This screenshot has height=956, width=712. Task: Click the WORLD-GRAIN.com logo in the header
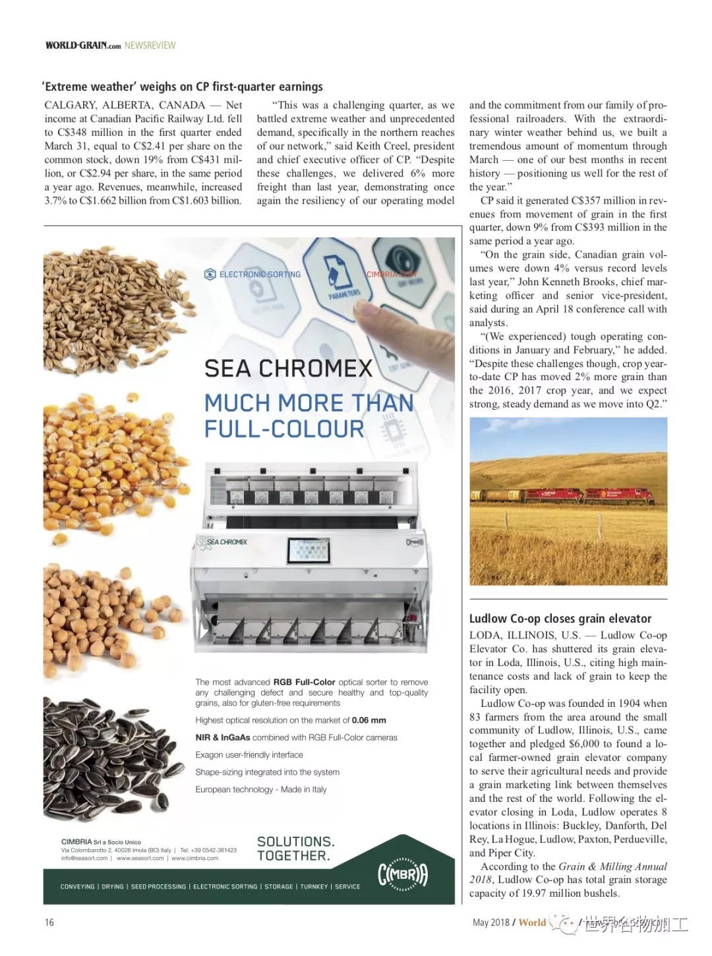click(x=83, y=45)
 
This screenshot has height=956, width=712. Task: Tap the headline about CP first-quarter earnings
click(x=183, y=86)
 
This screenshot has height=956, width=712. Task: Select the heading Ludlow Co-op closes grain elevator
click(x=560, y=619)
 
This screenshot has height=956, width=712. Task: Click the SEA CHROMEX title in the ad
click(x=288, y=368)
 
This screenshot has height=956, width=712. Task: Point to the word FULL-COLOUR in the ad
click(x=284, y=430)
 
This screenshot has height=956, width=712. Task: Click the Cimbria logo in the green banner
click(x=403, y=874)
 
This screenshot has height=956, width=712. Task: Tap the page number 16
click(x=49, y=922)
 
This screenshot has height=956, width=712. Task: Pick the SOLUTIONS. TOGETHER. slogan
click(x=296, y=849)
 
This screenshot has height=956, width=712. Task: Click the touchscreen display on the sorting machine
click(x=309, y=550)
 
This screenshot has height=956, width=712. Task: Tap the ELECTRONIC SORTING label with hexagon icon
click(x=253, y=274)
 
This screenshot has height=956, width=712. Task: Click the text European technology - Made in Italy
click(x=261, y=789)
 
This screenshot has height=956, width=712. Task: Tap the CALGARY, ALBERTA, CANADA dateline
click(x=125, y=105)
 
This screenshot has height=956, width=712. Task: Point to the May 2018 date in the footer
click(x=491, y=922)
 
